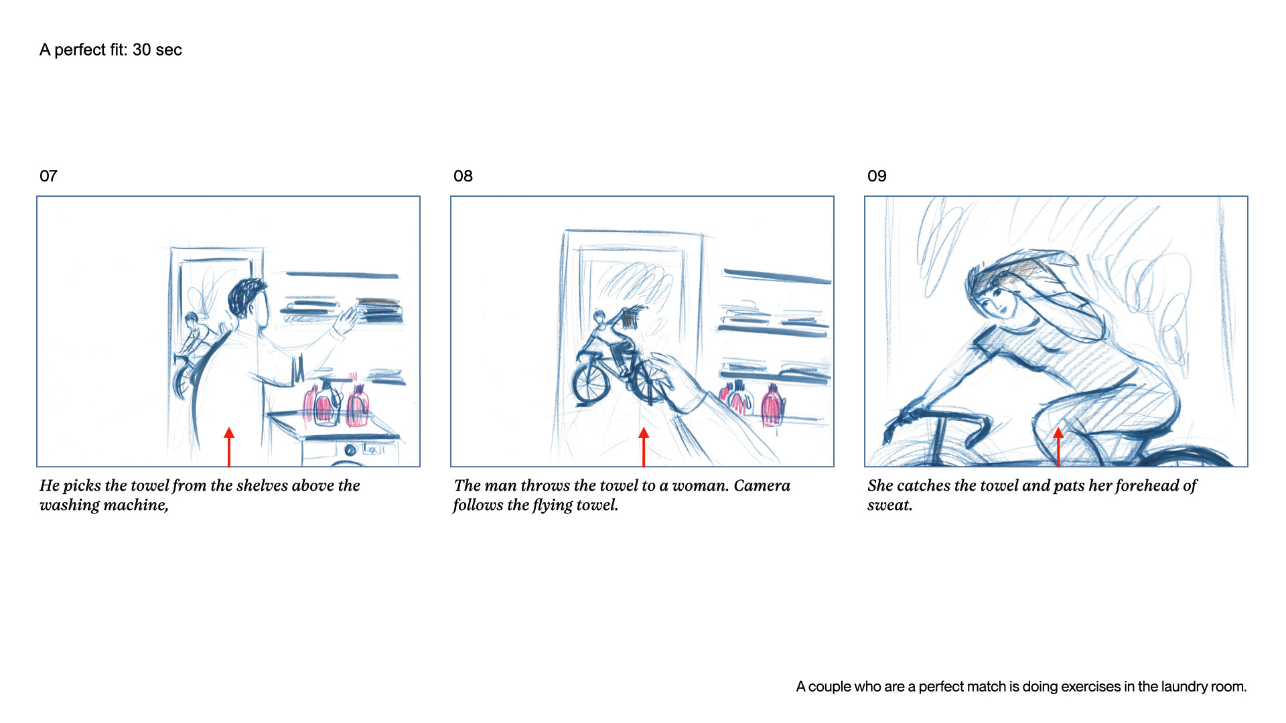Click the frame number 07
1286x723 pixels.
click(x=48, y=176)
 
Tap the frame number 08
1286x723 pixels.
click(x=463, y=176)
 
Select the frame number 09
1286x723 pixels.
click(x=877, y=176)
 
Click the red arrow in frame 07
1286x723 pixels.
click(x=229, y=447)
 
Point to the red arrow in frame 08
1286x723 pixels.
click(x=644, y=447)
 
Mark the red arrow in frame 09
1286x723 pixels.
click(x=1058, y=447)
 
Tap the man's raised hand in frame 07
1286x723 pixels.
click(x=347, y=319)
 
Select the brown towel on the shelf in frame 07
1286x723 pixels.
click(x=378, y=303)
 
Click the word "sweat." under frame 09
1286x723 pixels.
click(x=890, y=505)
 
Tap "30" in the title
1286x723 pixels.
click(x=141, y=50)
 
